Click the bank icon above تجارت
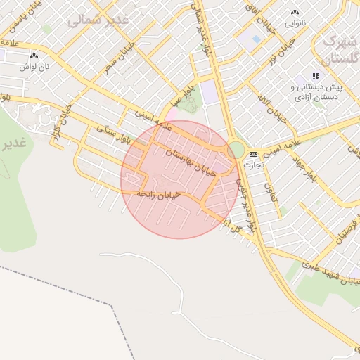click(253, 154)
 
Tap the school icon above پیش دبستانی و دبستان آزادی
click(316, 76)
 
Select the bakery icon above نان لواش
click(34, 54)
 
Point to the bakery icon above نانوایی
click(294, 12)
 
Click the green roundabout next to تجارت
click(236, 150)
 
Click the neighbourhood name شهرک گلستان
click(340, 49)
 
